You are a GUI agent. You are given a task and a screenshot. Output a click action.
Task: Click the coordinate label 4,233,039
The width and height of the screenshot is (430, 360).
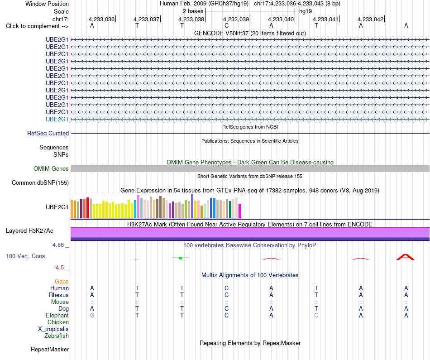click(236, 19)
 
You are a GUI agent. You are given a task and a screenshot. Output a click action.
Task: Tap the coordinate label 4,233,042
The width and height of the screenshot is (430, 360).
click(371, 19)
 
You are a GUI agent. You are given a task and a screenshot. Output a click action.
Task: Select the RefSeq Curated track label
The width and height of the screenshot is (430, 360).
click(48, 133)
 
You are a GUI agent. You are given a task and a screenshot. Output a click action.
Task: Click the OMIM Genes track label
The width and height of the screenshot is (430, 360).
click(51, 169)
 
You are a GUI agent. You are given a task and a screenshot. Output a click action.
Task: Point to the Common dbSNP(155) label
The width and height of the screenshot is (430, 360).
click(40, 183)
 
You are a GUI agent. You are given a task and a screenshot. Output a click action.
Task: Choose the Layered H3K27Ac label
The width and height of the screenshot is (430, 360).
click(29, 231)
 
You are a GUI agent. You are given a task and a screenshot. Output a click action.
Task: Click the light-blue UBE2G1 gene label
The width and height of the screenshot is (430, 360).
click(57, 120)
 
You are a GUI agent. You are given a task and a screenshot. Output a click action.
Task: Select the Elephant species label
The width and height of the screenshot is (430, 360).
click(57, 316)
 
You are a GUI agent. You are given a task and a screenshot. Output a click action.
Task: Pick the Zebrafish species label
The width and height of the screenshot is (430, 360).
click(57, 336)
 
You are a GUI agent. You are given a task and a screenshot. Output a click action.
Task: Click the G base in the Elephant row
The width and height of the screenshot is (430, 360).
click(92, 316)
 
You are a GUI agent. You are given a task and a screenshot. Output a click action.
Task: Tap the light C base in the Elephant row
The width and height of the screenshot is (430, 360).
click(316, 316)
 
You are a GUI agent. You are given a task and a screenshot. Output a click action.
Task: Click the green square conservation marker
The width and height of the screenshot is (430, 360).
click(181, 258)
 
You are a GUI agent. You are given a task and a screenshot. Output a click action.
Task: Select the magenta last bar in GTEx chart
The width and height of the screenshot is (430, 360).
click(240, 211)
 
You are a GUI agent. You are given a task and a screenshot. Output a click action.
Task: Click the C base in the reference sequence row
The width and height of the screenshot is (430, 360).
click(226, 26)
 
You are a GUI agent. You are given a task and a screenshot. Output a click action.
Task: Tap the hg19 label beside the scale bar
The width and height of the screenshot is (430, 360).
click(306, 11)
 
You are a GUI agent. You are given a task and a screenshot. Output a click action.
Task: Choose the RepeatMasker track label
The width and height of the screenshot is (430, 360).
click(50, 350)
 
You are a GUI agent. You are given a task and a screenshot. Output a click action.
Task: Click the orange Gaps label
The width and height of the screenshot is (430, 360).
click(62, 282)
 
